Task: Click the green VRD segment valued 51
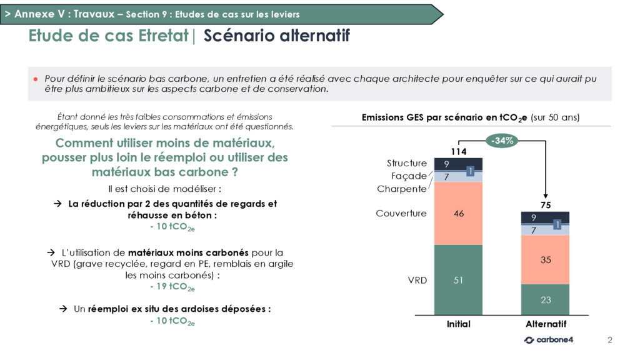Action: [x=458, y=280]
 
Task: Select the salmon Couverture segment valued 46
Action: [x=458, y=214]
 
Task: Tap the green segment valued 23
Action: [x=545, y=299]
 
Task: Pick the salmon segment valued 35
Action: [x=545, y=259]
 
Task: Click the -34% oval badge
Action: [x=502, y=141]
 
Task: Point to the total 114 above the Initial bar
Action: [x=459, y=152]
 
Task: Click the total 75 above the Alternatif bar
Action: [x=546, y=205]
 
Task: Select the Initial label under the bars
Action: [x=458, y=324]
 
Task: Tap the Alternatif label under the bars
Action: [x=546, y=324]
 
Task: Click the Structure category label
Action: [x=406, y=163]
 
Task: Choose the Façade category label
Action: [x=409, y=176]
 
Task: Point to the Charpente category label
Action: [x=402, y=189]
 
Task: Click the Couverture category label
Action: [x=401, y=214]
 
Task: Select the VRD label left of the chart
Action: [x=417, y=281]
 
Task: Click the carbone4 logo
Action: [x=549, y=339]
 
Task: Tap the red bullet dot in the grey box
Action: [x=36, y=79]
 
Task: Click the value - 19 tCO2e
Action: [x=172, y=287]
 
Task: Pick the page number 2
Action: [x=610, y=340]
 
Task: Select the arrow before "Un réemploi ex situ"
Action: [x=63, y=309]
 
